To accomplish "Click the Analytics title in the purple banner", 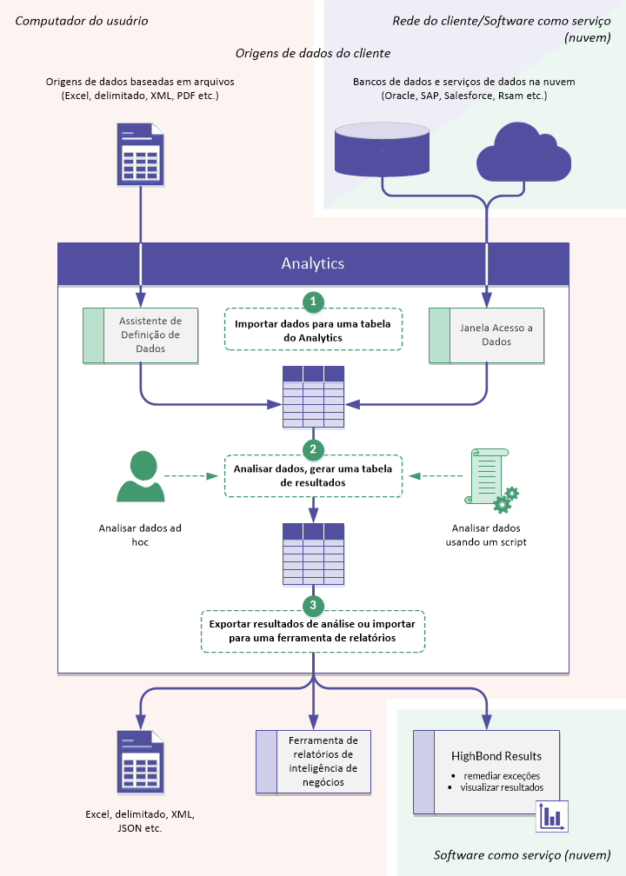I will pyautogui.click(x=313, y=263).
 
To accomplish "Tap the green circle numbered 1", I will pyautogui.click(x=313, y=302).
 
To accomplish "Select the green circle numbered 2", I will pyautogui.click(x=313, y=448).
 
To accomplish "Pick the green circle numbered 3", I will pyautogui.click(x=313, y=604).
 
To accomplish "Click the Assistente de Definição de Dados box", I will pyautogui.click(x=140, y=335).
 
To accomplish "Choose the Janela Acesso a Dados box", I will pyautogui.click(x=486, y=335).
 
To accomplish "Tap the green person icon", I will pyautogui.click(x=141, y=477).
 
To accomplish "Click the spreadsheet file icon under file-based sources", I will pyautogui.click(x=140, y=155).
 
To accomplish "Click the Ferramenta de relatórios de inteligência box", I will pyautogui.click(x=313, y=761).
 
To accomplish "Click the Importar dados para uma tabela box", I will pyautogui.click(x=313, y=329).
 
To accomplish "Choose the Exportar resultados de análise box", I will pyautogui.click(x=313, y=631).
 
